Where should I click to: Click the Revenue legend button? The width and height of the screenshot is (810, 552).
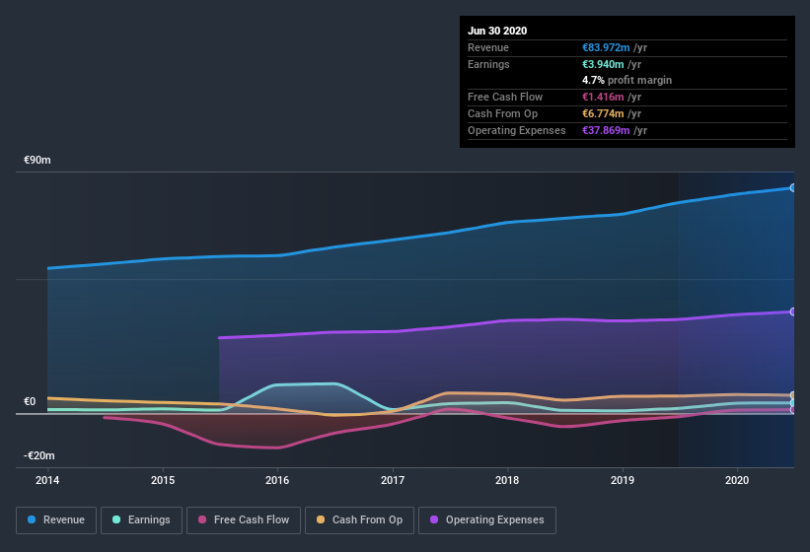coord(56,519)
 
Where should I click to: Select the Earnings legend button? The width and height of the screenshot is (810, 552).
coord(140,519)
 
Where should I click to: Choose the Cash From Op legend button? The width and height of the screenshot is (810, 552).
coord(359,519)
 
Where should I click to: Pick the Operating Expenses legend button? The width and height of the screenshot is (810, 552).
coord(486,519)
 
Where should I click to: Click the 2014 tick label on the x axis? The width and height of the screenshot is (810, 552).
coord(47,480)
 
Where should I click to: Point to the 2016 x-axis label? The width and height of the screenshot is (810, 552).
coord(277,480)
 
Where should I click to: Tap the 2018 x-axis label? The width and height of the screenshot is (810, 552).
coord(507,480)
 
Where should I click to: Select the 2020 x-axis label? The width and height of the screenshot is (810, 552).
coord(737,480)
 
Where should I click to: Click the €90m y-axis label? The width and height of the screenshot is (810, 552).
coord(37,160)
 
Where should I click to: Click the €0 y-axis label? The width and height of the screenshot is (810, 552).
coord(30,401)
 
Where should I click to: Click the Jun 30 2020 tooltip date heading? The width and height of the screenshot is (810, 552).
coord(497,31)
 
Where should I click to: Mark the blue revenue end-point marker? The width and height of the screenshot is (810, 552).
coord(792,187)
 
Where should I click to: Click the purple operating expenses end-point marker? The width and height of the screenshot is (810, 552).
coord(792,311)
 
